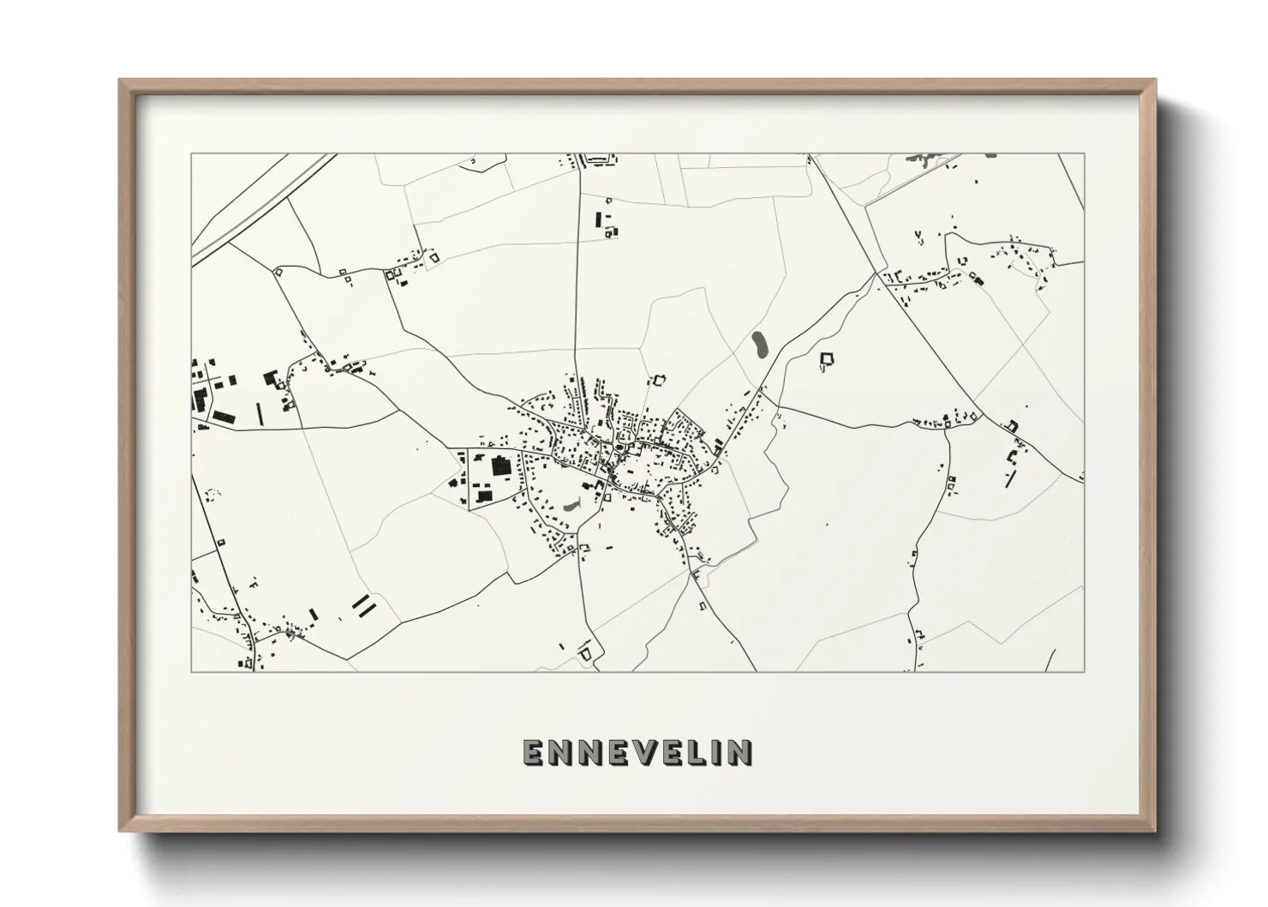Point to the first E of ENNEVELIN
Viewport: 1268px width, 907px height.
tap(533, 752)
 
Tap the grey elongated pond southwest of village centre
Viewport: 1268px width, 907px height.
tap(571, 506)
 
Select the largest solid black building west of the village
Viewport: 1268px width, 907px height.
tap(499, 467)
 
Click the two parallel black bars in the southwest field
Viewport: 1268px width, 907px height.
tap(364, 606)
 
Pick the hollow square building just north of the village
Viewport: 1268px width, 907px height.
tap(658, 380)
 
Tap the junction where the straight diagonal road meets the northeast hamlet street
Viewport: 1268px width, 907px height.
tap(876, 273)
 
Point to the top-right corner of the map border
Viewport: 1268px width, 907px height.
tap(1084, 154)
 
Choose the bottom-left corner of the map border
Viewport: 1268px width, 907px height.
tap(192, 671)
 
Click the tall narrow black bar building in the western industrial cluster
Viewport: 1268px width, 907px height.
tap(259, 415)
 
